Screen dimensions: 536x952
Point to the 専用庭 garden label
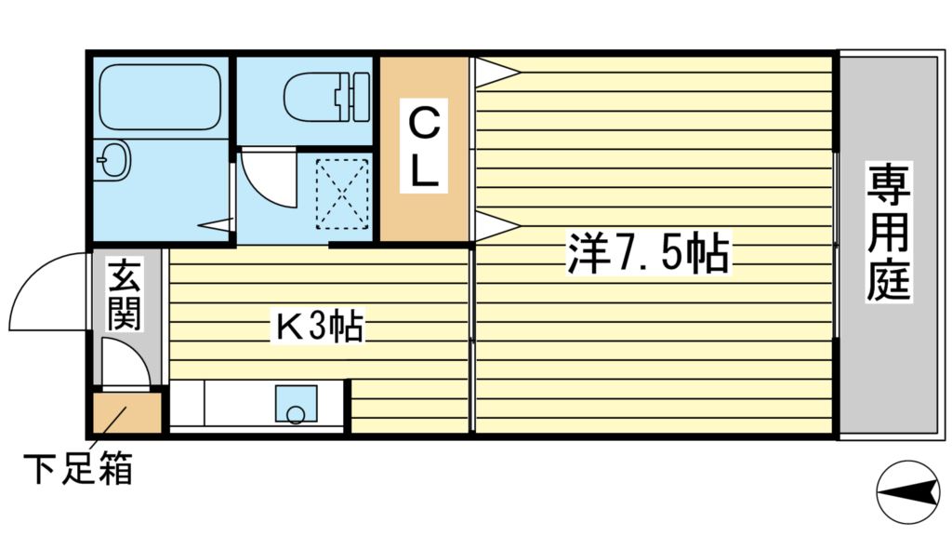pyautogui.click(x=889, y=232)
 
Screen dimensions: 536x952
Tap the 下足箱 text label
pyautogui.click(x=78, y=468)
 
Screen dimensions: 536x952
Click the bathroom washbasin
pyautogui.click(x=114, y=162)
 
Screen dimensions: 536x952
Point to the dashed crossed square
pyautogui.click(x=342, y=193)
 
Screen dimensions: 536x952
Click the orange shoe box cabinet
pyautogui.click(x=126, y=413)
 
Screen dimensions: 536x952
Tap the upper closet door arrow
pyautogui.click(x=495, y=73)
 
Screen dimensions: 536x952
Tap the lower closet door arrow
pyautogui.click(x=495, y=224)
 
